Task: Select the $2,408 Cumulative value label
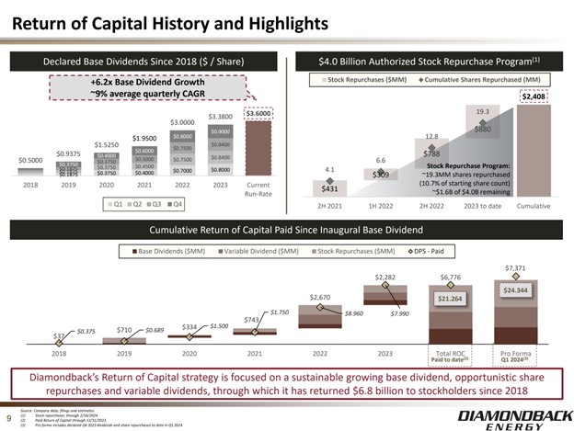(534, 96)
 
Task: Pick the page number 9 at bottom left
(8, 415)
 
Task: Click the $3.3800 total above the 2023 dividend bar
(220, 117)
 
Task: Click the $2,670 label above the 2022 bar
(319, 297)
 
